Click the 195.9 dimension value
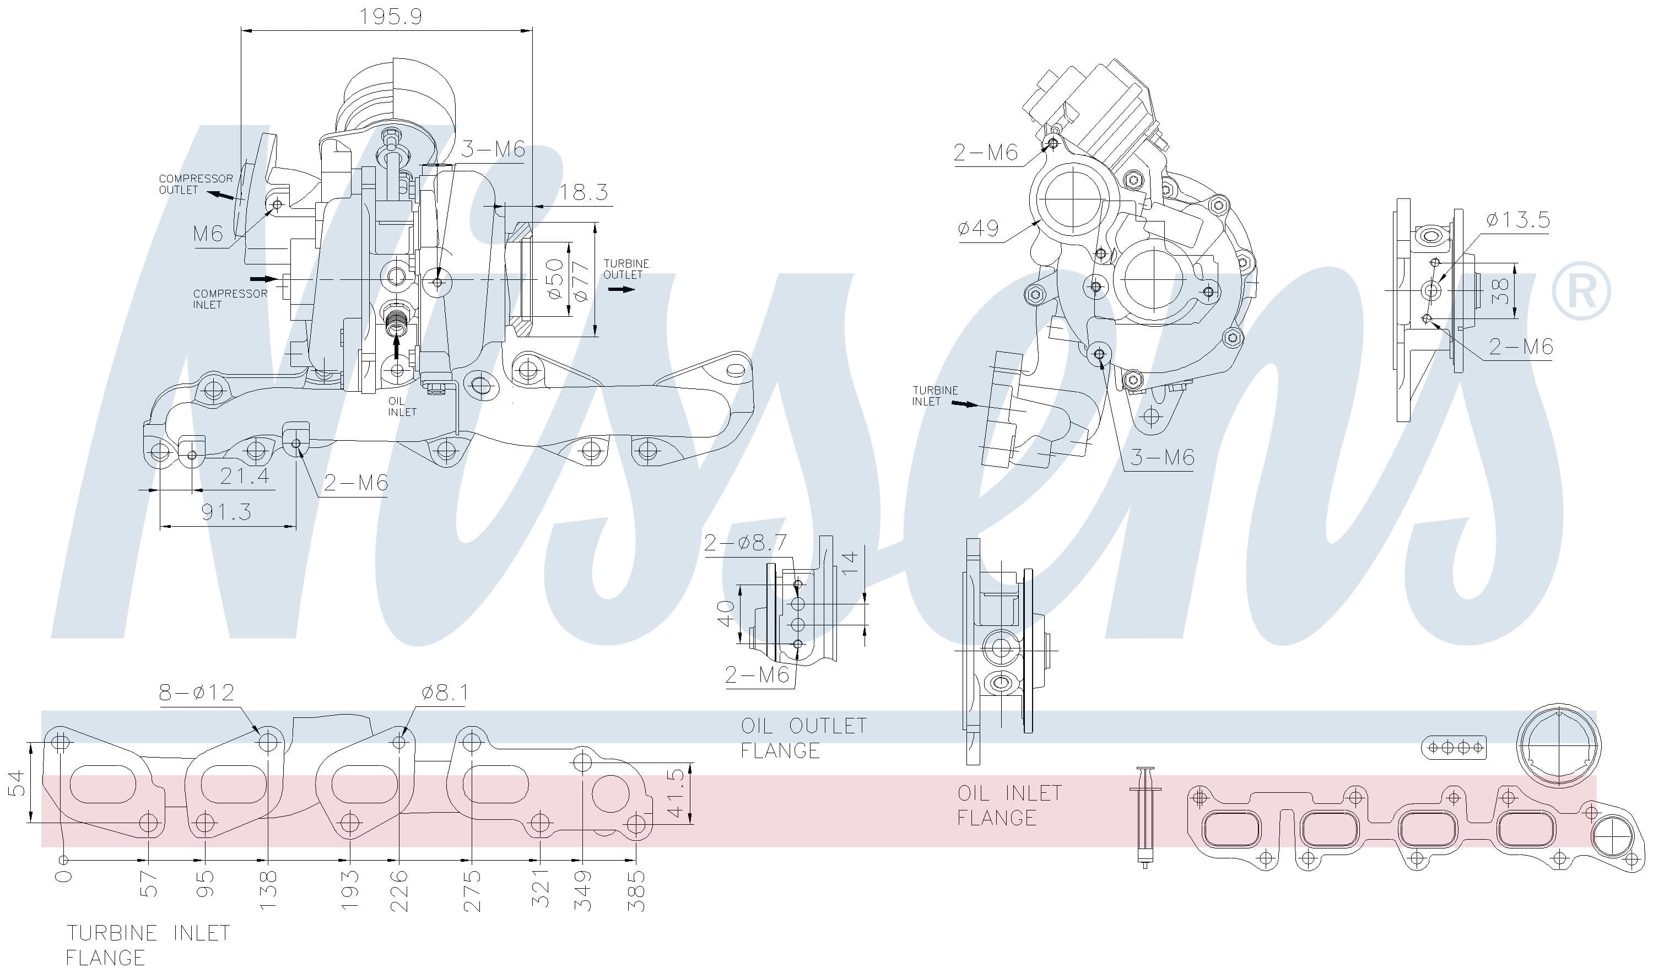point(390,16)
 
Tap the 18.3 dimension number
point(583,192)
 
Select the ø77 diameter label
point(581,281)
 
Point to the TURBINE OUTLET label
point(626,269)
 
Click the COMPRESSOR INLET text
point(230,299)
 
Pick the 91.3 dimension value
point(226,511)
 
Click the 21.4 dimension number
point(244,475)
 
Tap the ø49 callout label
point(977,228)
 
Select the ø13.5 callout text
point(1518,219)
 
